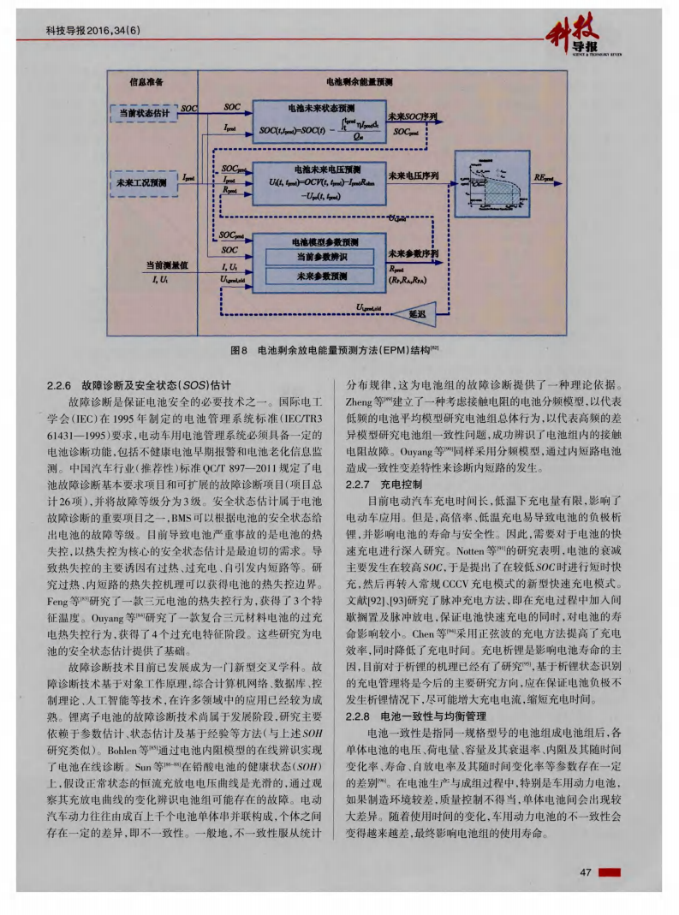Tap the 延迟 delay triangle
(x=420, y=313)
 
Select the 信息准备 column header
(x=145, y=83)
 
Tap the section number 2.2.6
(x=59, y=384)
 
